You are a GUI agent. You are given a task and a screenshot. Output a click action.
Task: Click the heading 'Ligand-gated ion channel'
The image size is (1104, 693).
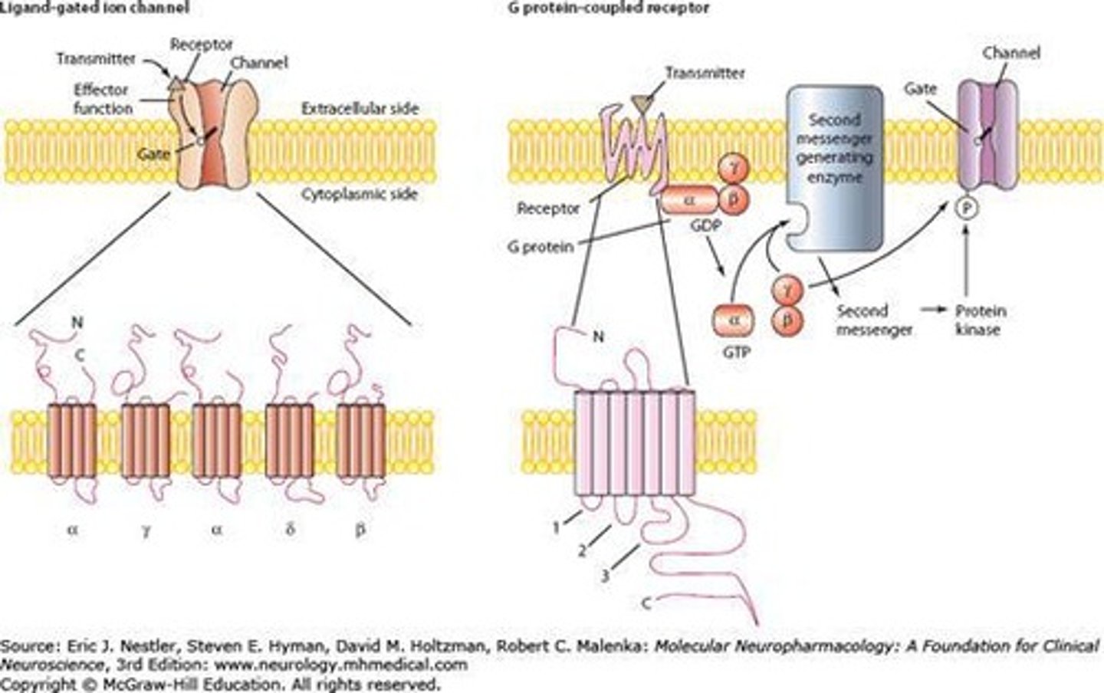94,8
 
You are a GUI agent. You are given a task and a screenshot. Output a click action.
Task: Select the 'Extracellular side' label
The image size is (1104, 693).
360,109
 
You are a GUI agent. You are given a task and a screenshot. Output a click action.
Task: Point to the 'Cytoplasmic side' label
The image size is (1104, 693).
360,194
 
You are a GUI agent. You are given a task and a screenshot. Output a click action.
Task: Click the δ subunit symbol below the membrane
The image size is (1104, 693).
290,528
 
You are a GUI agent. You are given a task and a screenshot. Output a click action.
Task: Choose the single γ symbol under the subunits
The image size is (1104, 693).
145,528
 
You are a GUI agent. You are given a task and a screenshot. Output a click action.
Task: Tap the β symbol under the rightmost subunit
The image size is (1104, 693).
360,528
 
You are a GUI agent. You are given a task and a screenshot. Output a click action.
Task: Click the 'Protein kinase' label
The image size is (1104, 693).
980,320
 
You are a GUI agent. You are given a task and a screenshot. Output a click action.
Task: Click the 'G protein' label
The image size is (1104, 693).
540,247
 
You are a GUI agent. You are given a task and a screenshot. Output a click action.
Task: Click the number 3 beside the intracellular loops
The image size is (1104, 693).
605,575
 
